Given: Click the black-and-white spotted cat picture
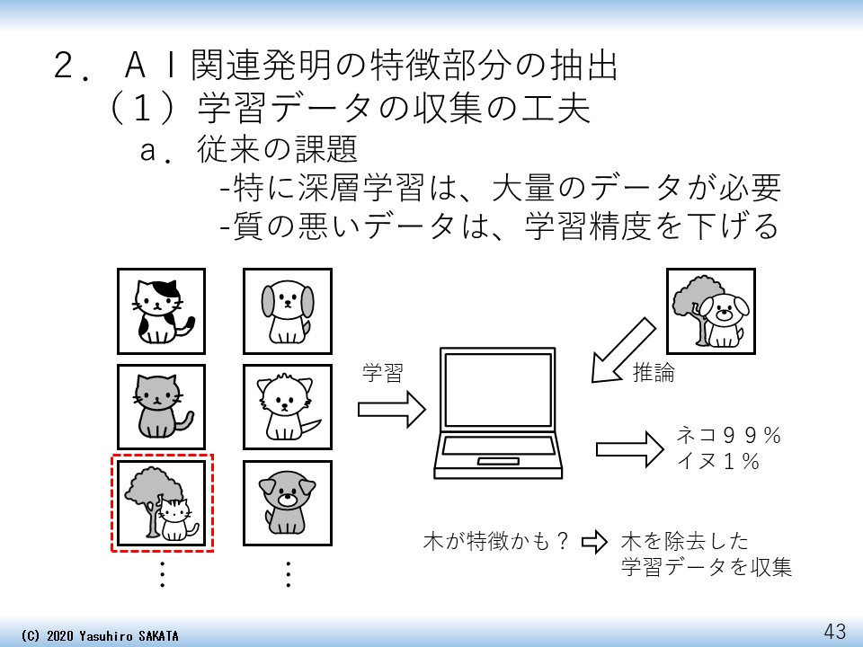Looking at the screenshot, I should pyautogui.click(x=161, y=311).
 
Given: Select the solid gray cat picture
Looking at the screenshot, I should pyautogui.click(x=161, y=406).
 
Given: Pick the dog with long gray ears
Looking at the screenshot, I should pyautogui.click(x=287, y=311).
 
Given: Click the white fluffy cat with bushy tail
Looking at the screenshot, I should pyautogui.click(x=287, y=406).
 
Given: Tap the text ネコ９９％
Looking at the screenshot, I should pyautogui.click(x=728, y=437).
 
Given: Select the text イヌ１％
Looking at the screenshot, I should pyautogui.click(x=718, y=462).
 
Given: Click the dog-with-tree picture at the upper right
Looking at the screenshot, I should pyautogui.click(x=710, y=311).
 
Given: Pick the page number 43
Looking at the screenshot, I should pyautogui.click(x=834, y=631).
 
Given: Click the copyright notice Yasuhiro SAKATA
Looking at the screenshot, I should pyautogui.click(x=99, y=635).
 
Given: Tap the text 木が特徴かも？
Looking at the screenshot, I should pyautogui.click(x=497, y=542).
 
